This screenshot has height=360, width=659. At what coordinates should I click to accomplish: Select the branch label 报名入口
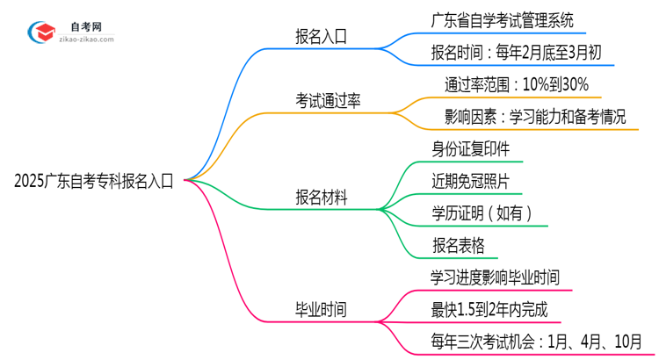[321, 36]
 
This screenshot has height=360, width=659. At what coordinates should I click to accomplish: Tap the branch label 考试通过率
[328, 102]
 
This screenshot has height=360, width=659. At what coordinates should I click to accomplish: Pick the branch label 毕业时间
[321, 309]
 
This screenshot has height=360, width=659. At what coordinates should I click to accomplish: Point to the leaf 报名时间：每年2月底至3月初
[517, 51]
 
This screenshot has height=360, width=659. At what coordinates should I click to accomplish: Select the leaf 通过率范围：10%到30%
[523, 85]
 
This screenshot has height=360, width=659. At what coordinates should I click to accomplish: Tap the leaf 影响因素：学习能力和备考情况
[535, 117]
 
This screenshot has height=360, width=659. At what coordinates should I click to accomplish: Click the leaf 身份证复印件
[470, 148]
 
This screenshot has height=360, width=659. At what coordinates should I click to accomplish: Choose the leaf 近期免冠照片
[470, 181]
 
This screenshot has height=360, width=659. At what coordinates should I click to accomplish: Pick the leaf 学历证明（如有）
[482, 213]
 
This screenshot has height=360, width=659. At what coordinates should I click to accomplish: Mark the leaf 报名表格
[458, 245]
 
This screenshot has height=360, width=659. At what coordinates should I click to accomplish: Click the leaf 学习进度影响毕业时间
[495, 277]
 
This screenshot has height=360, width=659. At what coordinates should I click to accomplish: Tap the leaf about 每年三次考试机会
[535, 341]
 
